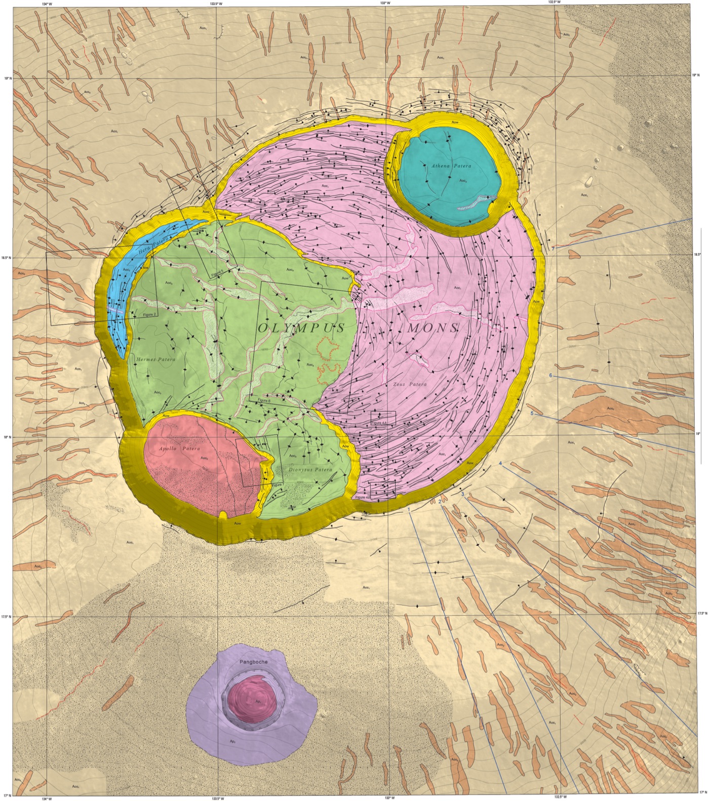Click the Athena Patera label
[451, 166]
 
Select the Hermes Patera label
[155, 359]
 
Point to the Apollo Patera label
[179, 449]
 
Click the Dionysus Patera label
[310, 470]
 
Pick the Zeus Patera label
[410, 384]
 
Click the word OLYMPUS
[302, 328]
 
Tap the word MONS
[433, 328]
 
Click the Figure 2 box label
[149, 314]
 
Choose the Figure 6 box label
[264, 400]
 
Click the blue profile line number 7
[554, 248]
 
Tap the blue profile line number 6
[550, 375]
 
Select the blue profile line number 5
[532, 414]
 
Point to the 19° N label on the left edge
[7, 78]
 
